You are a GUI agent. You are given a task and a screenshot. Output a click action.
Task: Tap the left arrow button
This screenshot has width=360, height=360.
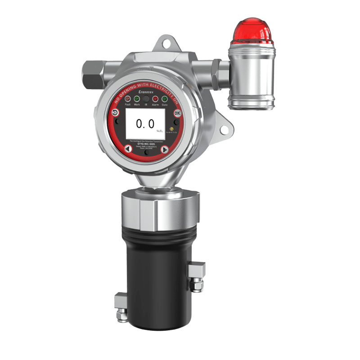coord(128,149)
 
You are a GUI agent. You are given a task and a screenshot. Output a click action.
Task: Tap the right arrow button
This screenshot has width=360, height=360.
coord(165,149)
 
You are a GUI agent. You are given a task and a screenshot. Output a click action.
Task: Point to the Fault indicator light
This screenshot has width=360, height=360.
coord(128,98)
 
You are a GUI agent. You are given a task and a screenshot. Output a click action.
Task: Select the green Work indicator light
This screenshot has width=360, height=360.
coord(137,98)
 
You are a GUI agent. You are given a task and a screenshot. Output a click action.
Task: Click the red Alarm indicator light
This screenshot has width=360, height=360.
coord(155,98)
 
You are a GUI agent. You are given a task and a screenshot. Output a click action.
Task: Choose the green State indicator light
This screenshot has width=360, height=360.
coord(165,99)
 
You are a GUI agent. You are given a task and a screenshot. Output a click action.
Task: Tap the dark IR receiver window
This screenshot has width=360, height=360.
coord(146,98)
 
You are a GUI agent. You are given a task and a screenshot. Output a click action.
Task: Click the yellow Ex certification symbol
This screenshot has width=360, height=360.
coord(172,127)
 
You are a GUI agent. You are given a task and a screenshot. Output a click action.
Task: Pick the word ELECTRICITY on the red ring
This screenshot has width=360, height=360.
coord(165,81)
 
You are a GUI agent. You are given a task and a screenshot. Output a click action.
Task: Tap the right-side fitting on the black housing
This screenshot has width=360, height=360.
coord(196,275)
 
